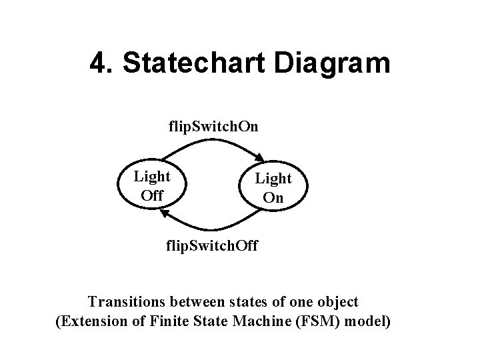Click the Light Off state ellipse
pyautogui.click(x=152, y=186)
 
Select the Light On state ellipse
pyautogui.click(x=273, y=187)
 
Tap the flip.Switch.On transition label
pyautogui.click(x=213, y=126)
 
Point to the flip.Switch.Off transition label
pyautogui.click(x=214, y=247)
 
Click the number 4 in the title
pyautogui.click(x=99, y=64)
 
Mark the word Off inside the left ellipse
pyautogui.click(x=152, y=196)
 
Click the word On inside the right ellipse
pyautogui.click(x=273, y=197)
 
